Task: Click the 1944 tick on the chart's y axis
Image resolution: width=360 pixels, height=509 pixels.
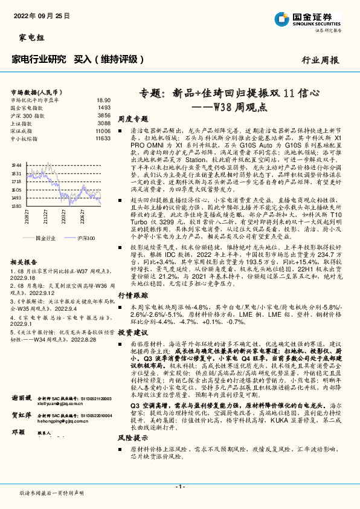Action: [16, 164]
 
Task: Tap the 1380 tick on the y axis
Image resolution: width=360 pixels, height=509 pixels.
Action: [16, 206]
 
